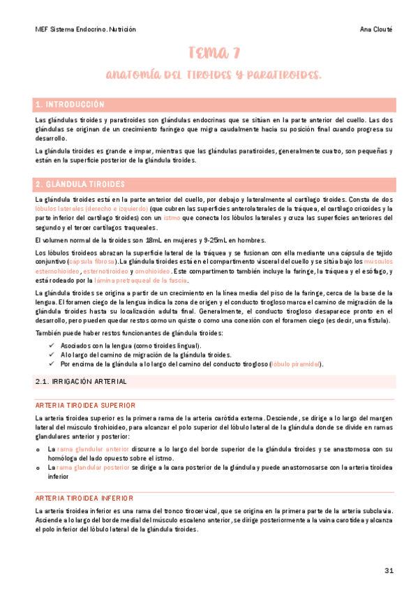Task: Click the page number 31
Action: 389,570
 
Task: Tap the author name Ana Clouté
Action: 378,29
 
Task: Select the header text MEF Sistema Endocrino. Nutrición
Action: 85,29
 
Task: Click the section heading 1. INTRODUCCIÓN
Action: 70,105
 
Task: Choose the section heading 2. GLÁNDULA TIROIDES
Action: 80,184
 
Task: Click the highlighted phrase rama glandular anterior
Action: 93,449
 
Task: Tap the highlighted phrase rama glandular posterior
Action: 93,467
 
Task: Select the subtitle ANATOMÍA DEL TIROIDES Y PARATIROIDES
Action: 214,74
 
